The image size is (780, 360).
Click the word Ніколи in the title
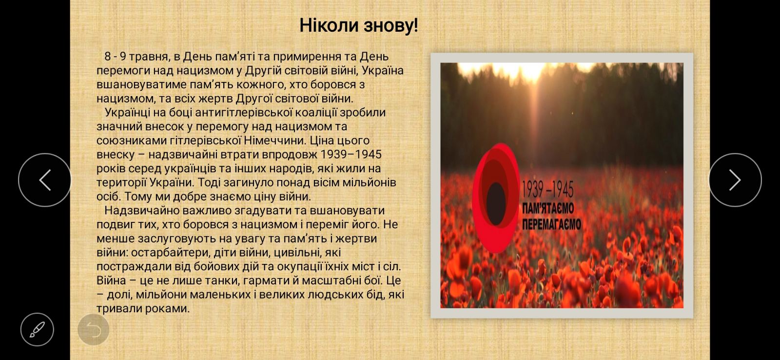click(x=329, y=25)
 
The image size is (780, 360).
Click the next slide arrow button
click(x=735, y=180)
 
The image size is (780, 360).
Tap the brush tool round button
click(x=37, y=329)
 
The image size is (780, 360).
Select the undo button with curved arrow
click(x=93, y=329)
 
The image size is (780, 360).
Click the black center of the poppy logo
click(x=496, y=203)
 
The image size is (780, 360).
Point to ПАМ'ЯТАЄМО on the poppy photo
click(x=548, y=209)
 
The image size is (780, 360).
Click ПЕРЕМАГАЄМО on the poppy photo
click(x=551, y=224)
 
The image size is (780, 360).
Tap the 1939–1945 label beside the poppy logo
click(x=547, y=190)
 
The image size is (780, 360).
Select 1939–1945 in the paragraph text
click(x=351, y=154)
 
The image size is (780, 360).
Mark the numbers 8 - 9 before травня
click(x=115, y=57)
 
